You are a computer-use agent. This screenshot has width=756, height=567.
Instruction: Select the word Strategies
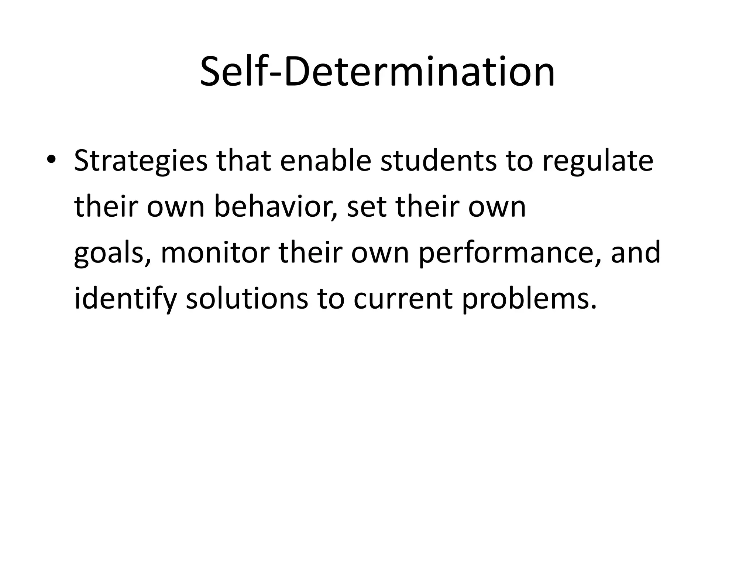pyautogui.click(x=141, y=161)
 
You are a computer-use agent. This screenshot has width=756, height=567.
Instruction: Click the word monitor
pyautogui.click(x=215, y=252)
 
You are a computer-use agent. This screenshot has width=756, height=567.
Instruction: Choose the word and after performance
pyautogui.click(x=635, y=252)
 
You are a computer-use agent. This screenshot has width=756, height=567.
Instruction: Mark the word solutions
pyautogui.click(x=247, y=298)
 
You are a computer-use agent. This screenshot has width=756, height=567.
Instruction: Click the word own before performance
pyautogui.click(x=379, y=253)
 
